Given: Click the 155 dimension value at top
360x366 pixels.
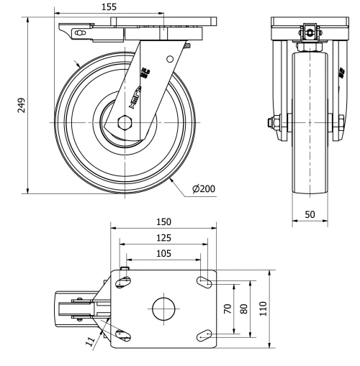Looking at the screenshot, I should pyautogui.click(x=109, y=6).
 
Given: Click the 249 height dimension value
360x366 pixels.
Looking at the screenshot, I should pyautogui.click(x=21, y=105).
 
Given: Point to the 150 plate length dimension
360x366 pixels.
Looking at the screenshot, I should pyautogui.click(x=163, y=223).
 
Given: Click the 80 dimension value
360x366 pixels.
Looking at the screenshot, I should pyautogui.click(x=245, y=309).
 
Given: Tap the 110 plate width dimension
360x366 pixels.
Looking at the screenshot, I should pyautogui.click(x=264, y=308).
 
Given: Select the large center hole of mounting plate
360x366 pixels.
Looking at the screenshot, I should pyautogui.click(x=163, y=309).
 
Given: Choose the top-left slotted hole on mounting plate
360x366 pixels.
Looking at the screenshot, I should pyautogui.click(x=122, y=283).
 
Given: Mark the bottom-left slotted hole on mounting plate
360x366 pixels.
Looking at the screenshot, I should pyautogui.click(x=122, y=334).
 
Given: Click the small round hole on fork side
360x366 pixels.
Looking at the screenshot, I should pyautogui.click(x=170, y=59).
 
